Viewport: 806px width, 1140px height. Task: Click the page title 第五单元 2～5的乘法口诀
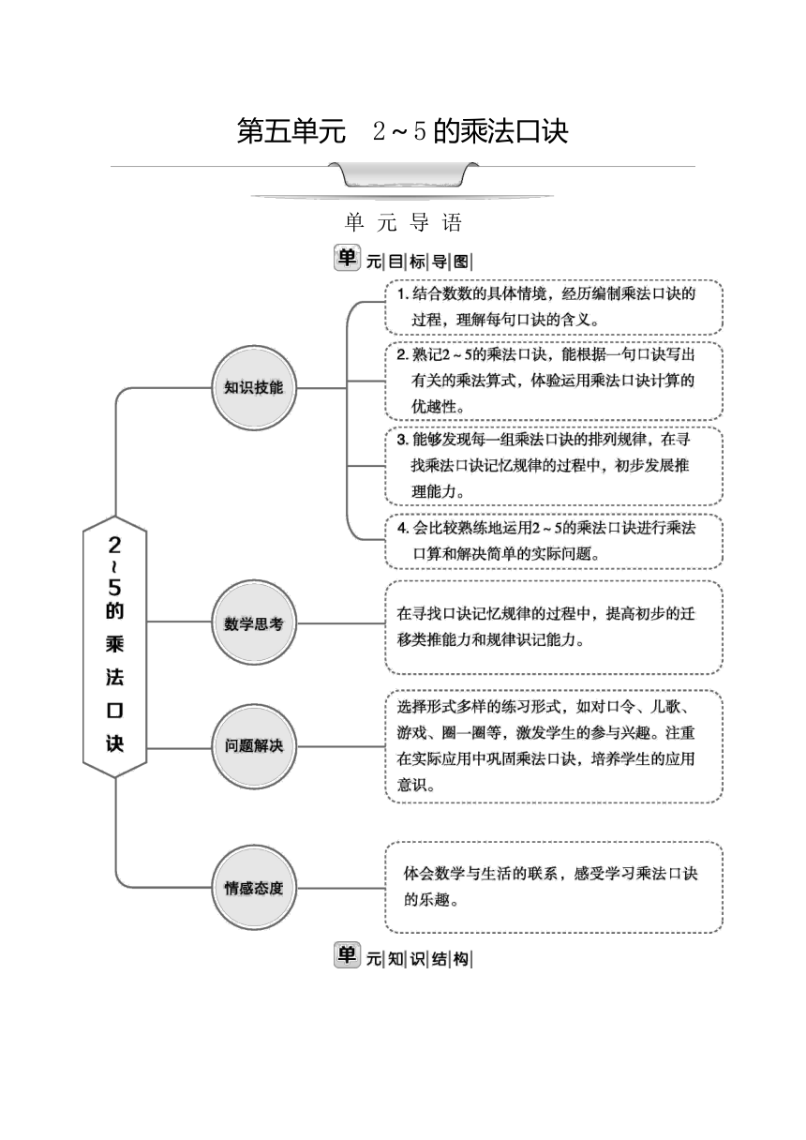pos(402,131)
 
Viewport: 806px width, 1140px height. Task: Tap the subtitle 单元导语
pos(403,222)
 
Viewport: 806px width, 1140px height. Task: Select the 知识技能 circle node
pos(254,388)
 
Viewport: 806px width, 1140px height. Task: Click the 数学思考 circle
pos(254,622)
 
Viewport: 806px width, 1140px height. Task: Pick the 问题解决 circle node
pos(254,746)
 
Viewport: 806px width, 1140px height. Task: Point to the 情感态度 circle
pos(254,888)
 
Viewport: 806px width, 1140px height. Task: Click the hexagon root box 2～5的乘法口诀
pos(115,646)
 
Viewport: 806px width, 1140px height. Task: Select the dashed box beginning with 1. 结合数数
pos(554,307)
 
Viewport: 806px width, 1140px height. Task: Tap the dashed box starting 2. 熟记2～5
pos(554,381)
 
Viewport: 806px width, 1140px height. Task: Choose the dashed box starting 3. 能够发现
pos(554,466)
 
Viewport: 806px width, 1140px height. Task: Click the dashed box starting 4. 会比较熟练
pos(554,541)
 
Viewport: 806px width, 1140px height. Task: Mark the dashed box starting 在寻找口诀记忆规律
pos(554,627)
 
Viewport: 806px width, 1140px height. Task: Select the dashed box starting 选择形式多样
pos(554,746)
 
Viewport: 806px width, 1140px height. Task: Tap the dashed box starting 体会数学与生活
pos(554,888)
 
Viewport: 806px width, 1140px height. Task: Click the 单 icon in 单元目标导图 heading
pos(347,258)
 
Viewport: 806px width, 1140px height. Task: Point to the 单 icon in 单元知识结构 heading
pos(347,954)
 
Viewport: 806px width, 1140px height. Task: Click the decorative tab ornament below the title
pos(403,174)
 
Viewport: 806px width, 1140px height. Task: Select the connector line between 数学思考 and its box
pos(341,622)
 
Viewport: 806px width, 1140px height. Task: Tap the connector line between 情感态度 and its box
pos(341,889)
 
